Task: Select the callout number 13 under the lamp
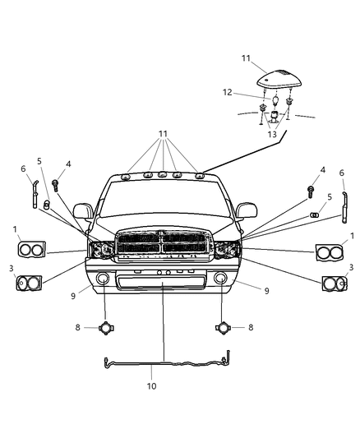272,133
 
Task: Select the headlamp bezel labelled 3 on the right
335,284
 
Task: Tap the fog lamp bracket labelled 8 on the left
105,328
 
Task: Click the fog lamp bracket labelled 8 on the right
222,328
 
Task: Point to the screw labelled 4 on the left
55,186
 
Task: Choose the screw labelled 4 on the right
312,191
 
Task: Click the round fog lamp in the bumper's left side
104,279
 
